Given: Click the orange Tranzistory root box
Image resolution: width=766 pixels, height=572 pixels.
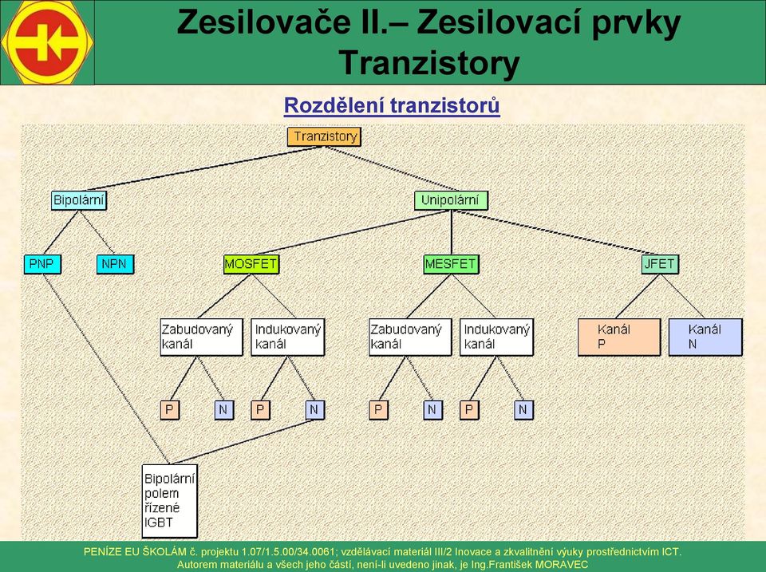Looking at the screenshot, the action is click(324, 136).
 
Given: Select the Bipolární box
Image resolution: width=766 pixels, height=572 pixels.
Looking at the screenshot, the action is click(79, 200).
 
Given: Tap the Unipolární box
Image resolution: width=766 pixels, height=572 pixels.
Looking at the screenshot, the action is click(451, 200).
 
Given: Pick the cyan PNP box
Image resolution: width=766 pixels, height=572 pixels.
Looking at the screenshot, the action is click(42, 264).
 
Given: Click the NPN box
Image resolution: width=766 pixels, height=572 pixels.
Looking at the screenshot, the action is click(115, 264).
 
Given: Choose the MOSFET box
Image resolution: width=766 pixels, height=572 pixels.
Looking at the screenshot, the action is click(251, 264).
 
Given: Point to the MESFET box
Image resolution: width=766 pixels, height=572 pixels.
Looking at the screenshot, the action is click(451, 264).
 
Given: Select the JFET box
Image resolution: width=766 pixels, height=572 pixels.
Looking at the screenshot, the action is click(660, 264).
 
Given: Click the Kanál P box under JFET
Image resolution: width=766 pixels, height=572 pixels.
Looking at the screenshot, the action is click(619, 337).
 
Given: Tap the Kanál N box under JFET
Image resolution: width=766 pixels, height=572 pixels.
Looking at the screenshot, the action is click(705, 337).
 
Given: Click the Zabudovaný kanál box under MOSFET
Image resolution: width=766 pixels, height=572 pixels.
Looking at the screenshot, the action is click(201, 337).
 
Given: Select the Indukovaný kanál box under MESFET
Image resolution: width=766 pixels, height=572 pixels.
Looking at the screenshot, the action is click(496, 337).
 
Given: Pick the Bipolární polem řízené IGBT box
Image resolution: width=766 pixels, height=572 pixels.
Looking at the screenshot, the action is click(169, 501).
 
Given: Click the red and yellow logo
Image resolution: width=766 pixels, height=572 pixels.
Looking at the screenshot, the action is click(47, 42).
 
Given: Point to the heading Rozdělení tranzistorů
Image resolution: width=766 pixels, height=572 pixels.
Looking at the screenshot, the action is click(392, 105).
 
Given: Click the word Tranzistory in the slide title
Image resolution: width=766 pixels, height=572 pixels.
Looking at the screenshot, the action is click(429, 64).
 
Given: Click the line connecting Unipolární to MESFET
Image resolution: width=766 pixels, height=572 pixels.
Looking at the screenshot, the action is click(452, 232).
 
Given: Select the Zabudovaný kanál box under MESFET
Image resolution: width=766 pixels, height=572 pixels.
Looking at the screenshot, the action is click(410, 337).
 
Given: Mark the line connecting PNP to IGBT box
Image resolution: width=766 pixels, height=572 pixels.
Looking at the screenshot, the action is click(106, 369).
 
